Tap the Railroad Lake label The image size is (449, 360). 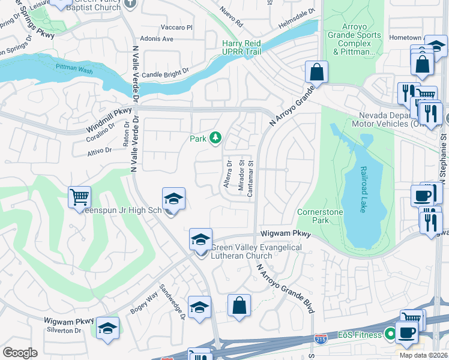click(x=363, y=189)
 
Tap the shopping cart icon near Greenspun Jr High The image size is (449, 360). click(x=79, y=197)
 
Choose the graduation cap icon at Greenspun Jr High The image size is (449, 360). click(x=173, y=199)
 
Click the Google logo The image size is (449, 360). click(x=20, y=352)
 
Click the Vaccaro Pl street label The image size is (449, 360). click(x=177, y=28)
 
